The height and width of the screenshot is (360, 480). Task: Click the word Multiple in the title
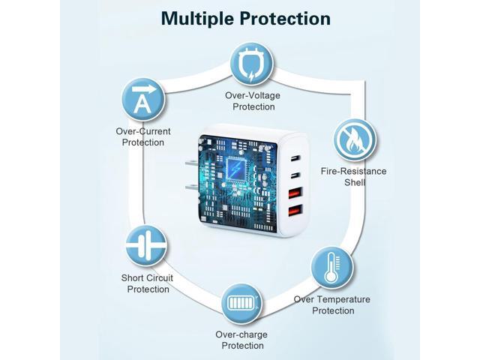198,19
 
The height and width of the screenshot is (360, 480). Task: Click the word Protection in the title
285,19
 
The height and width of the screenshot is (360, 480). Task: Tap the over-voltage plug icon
252,64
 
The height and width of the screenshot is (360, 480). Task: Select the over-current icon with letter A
143,100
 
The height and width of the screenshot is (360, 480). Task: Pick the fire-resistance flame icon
355,140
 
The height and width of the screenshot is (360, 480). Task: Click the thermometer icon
332,267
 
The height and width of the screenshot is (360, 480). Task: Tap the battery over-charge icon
241,303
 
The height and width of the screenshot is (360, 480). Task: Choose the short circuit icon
146,246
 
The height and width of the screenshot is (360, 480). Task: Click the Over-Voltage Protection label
253,101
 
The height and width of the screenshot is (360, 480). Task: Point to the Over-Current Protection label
143,136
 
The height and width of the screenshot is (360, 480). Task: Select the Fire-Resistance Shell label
354,177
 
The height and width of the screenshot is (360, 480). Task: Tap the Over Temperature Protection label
332,305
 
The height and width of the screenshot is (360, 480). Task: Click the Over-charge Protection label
241,340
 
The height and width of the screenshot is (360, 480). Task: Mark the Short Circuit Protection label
147,283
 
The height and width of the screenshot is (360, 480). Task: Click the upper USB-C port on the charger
295,158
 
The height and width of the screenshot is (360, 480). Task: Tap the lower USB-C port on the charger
295,175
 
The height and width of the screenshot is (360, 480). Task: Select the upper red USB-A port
295,193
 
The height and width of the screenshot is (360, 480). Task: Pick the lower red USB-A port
295,211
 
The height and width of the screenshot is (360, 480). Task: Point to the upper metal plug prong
192,163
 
